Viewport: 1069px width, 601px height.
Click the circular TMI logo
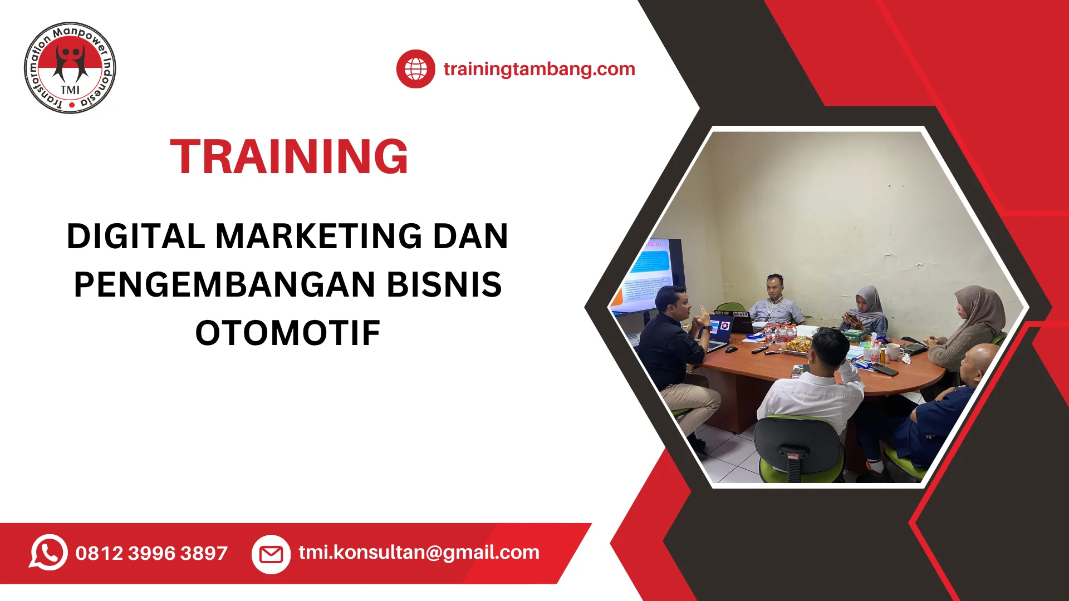[70, 68]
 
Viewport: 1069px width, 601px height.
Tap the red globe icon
[415, 69]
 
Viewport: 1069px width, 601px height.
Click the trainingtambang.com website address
[539, 69]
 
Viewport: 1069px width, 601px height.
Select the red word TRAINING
[289, 157]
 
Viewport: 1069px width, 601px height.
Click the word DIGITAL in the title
[136, 236]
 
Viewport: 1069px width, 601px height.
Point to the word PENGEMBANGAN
[224, 284]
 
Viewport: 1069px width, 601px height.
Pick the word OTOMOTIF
[288, 333]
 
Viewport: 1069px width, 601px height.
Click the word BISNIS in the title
[444, 284]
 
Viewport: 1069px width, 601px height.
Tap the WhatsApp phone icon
[48, 552]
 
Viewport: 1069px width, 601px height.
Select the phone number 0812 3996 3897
[151, 553]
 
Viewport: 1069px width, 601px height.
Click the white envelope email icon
[271, 554]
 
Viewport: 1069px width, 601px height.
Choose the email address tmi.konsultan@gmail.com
[419, 552]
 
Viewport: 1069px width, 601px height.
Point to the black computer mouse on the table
[731, 349]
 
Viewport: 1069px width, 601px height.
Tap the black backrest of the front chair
[797, 442]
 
